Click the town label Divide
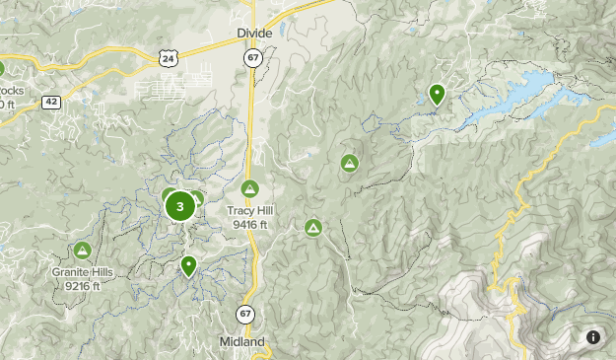[x=253, y=33]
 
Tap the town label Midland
[x=241, y=341]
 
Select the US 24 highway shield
[x=169, y=59]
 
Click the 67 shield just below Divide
[x=253, y=59]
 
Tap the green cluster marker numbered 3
[x=179, y=207]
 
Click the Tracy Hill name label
[x=250, y=210]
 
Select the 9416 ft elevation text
[x=250, y=224]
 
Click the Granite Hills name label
[x=83, y=271]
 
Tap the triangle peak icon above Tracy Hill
[x=249, y=188]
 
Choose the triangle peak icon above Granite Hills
[x=83, y=251]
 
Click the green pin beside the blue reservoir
[x=437, y=95]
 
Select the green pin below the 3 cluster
[x=188, y=265]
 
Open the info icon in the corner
[x=593, y=337]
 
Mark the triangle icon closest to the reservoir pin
[x=349, y=163]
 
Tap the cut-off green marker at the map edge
[x=1, y=69]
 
